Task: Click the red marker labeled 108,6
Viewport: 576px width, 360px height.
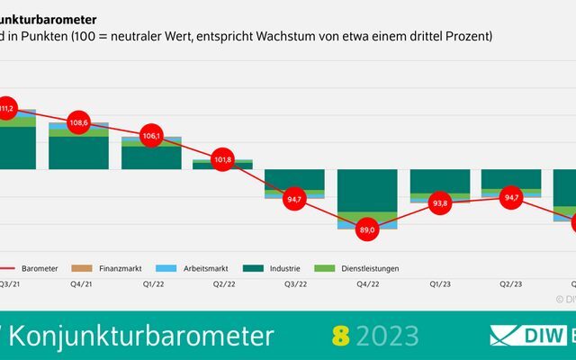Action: coord(79,122)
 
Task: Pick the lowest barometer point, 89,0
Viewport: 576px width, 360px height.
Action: coord(366,229)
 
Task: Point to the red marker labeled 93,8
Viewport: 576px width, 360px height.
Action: coord(439,202)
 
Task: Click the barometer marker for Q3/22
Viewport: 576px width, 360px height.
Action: coord(294,199)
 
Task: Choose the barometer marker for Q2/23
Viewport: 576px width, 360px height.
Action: coord(511,197)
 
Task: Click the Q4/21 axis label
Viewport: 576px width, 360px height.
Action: coord(79,283)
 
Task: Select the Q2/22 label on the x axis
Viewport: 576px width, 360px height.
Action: coord(223,283)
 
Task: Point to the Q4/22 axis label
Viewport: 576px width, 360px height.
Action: coord(366,283)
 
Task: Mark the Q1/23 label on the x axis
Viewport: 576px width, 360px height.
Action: coord(439,283)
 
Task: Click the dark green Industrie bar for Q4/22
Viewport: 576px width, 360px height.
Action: coord(367,189)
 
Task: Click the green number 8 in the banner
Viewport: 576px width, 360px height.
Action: coord(339,336)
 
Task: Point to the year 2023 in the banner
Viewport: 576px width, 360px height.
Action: coord(387,336)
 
